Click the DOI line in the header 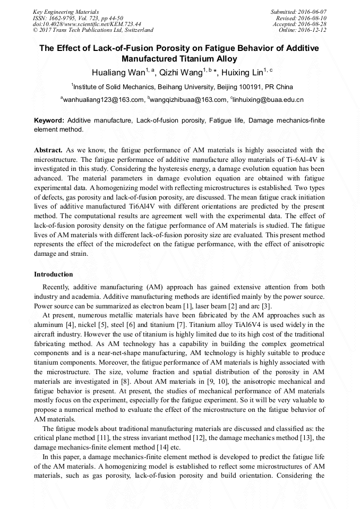[x=87, y=24]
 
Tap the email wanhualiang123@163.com [x=104, y=100]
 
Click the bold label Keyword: [x=49, y=121]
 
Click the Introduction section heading [x=54, y=274]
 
